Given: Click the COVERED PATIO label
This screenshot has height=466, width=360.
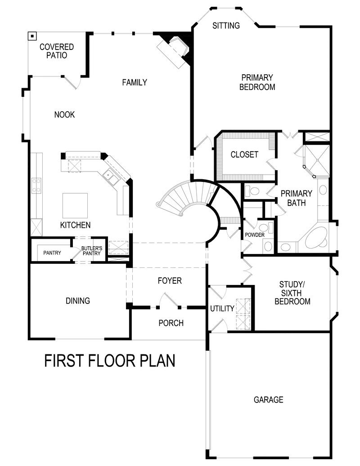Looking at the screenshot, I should click(56, 51).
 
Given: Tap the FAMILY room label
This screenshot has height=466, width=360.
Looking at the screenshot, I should click(135, 82).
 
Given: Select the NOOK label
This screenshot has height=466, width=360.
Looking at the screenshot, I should click(64, 115).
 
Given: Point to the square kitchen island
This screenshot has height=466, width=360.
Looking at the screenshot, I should click(75, 205).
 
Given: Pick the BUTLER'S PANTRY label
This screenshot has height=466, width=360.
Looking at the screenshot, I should click(91, 251).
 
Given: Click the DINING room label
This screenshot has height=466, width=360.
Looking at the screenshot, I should click(77, 300).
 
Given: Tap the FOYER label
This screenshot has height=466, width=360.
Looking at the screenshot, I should click(170, 281).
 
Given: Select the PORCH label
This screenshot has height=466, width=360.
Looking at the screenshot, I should click(171, 323).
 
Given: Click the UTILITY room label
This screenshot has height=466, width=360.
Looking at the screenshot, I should click(222, 308).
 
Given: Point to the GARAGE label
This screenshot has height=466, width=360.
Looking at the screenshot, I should click(268, 399).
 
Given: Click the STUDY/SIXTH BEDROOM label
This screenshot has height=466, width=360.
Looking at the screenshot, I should click(292, 293).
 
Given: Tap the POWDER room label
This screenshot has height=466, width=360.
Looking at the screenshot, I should click(255, 235).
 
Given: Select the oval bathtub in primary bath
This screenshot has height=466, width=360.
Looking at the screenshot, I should click(316, 237).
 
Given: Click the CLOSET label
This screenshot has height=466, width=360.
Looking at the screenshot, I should click(244, 154).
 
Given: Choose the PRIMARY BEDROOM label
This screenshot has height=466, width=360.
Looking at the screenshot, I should click(257, 82).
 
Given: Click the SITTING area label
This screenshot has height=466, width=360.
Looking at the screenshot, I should click(226, 26).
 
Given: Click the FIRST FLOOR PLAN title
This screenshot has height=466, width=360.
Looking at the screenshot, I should click(110, 361).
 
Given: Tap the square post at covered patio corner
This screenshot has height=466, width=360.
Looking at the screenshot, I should click(32, 36).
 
